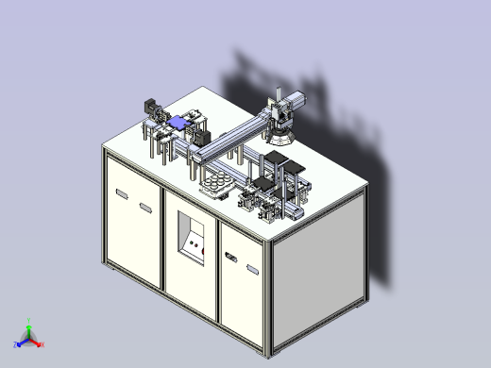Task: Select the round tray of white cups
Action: [219, 181]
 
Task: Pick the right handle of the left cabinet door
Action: [145, 208]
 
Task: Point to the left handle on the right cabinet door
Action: [231, 256]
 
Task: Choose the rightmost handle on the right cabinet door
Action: [252, 270]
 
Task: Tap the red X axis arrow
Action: [39, 344]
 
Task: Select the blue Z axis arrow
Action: [19, 341]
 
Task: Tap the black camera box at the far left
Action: [148, 105]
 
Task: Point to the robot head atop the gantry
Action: [280, 111]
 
